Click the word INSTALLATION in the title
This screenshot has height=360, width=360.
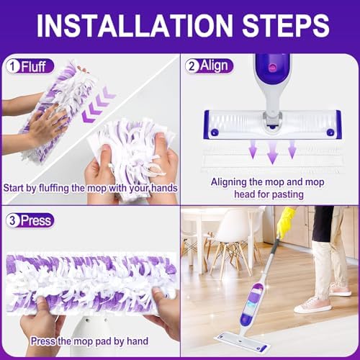[x=135, y=26]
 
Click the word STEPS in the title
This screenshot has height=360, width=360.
[x=285, y=26]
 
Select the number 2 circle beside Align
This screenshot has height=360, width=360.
[x=192, y=66]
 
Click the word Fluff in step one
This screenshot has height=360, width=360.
[x=33, y=66]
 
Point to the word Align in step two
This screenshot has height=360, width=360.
[x=214, y=66]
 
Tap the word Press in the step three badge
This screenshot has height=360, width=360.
[x=36, y=220]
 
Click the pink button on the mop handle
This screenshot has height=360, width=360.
[x=273, y=68]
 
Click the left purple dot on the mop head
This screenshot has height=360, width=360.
[x=215, y=132]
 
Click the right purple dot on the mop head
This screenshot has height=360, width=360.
[x=330, y=132]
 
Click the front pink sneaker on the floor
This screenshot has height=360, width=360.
[x=312, y=305]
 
